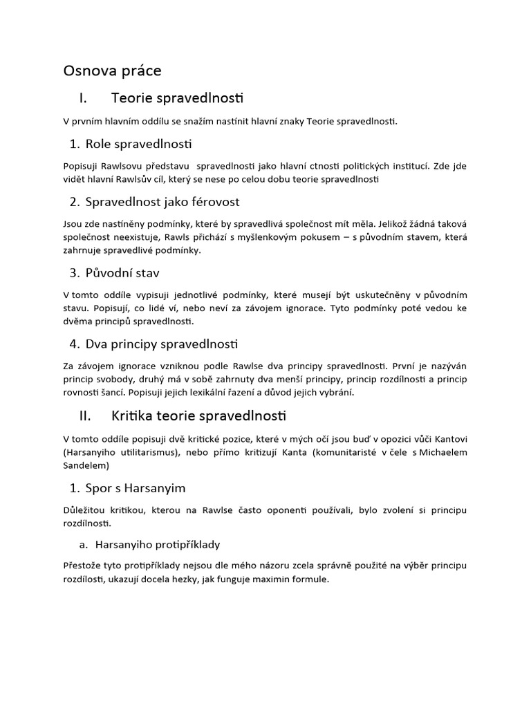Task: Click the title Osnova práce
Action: point(112,71)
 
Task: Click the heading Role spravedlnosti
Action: point(138,144)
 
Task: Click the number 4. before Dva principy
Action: point(75,343)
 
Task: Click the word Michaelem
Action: point(438,452)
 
